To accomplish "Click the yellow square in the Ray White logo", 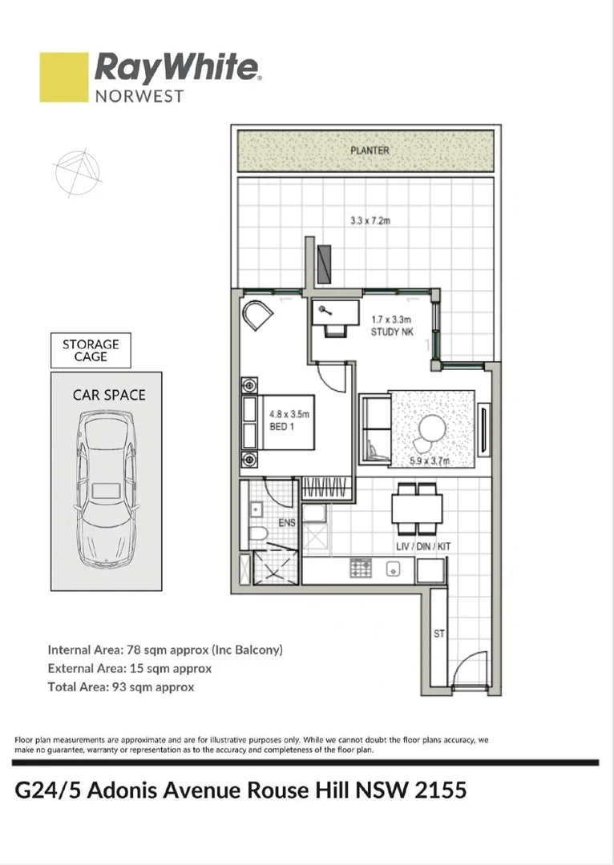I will (x=64, y=77).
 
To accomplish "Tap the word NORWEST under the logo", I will (x=139, y=95).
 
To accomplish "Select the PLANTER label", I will (x=369, y=151).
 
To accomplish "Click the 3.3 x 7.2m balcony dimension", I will (x=370, y=221).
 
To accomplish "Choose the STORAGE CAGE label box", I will (x=91, y=350).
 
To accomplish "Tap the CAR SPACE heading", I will (x=109, y=395).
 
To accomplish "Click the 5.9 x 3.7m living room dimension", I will (x=430, y=461).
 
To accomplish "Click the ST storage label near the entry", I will (x=439, y=634).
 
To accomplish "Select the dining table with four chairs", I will (x=417, y=508).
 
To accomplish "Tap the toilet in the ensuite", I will (x=259, y=535).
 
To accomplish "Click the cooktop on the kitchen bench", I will (x=360, y=568).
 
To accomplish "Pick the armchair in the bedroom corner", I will (x=258, y=315).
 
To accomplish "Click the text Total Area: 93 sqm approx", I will (x=120, y=686).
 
